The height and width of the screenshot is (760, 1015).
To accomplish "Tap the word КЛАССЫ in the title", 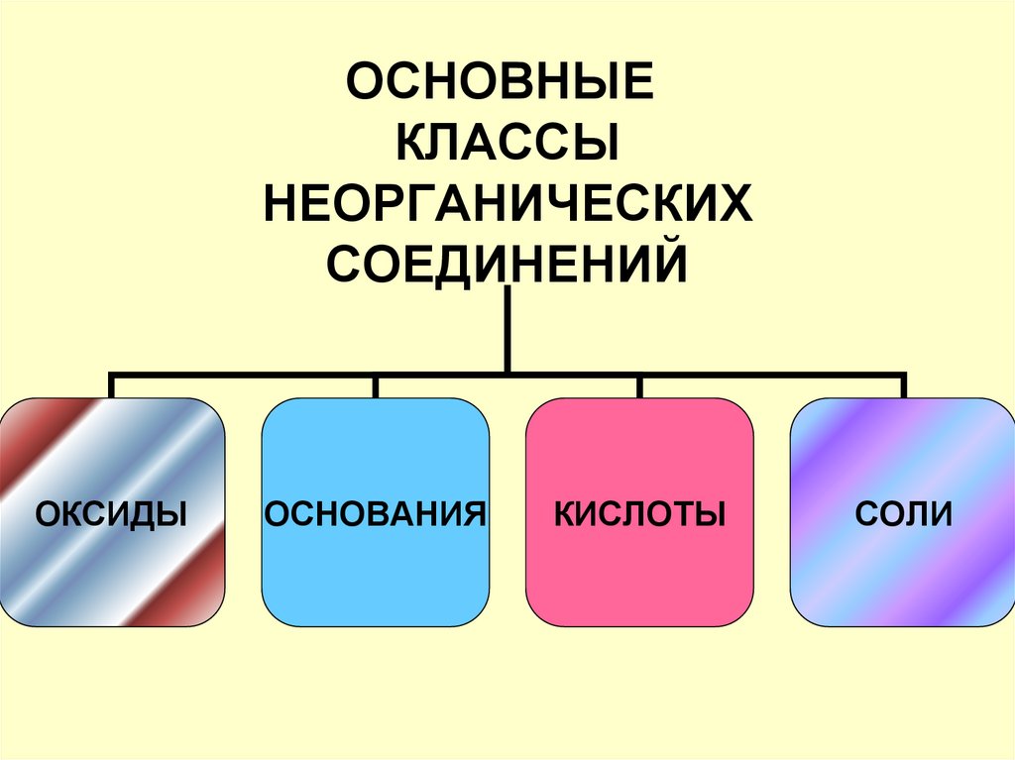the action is coord(508,144).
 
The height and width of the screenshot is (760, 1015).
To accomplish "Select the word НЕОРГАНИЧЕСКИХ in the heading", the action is coord(507,205).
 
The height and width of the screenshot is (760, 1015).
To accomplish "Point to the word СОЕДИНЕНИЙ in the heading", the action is coord(507,265).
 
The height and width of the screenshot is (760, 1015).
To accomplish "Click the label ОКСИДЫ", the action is coord(112,513).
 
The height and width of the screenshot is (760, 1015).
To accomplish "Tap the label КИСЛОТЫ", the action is coord(639,513).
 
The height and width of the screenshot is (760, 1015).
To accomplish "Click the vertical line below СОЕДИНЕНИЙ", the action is coord(507,327).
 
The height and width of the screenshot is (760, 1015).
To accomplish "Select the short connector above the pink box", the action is coord(639,386).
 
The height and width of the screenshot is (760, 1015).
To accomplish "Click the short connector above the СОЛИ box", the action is coord(902,386).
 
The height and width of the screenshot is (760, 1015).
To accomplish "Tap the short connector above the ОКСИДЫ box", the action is coord(112,386).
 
